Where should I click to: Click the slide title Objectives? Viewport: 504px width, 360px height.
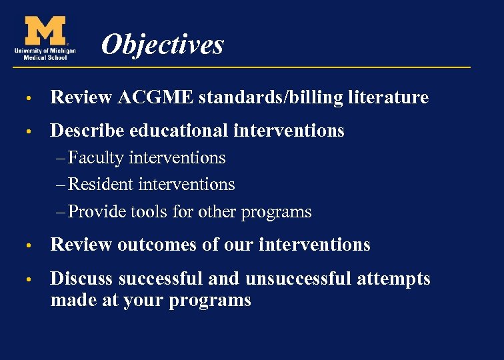click(162, 45)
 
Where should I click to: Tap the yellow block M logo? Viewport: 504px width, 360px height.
click(45, 31)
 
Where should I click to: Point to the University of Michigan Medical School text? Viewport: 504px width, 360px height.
click(44, 53)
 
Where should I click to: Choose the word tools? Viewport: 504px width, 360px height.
click(150, 212)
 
